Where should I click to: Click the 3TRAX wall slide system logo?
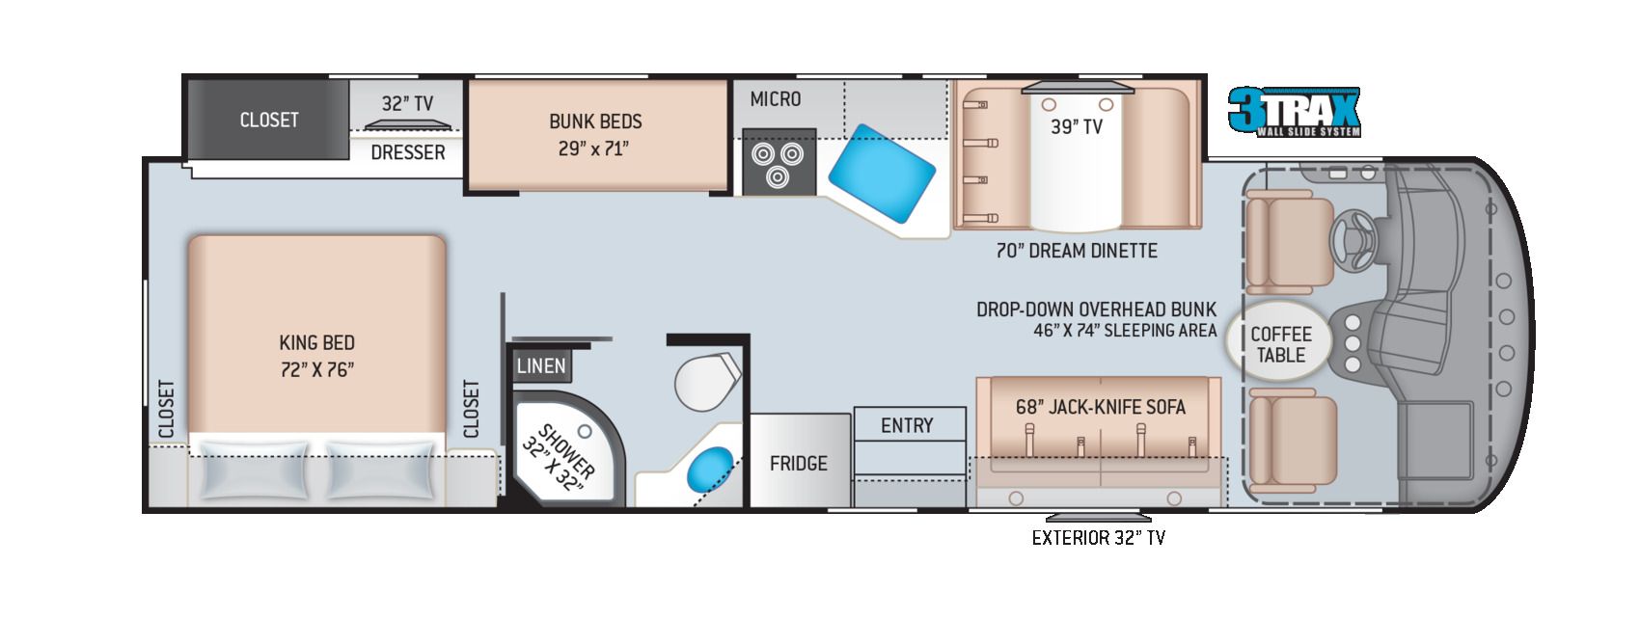[1294, 111]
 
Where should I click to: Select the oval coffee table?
[1280, 344]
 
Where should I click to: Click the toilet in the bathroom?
[705, 381]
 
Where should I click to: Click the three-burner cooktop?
[779, 163]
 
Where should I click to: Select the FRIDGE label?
[798, 464]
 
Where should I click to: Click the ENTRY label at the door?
[907, 425]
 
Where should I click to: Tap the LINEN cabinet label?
[540, 365]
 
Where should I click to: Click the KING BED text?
[316, 342]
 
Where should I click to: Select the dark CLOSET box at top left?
[268, 120]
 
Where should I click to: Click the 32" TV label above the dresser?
[407, 103]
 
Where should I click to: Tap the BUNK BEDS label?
[595, 121]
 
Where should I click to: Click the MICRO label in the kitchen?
[775, 99]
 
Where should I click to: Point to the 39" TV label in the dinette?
[1076, 126]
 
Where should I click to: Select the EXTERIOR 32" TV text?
[1098, 538]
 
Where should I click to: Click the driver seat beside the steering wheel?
[1289, 241]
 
